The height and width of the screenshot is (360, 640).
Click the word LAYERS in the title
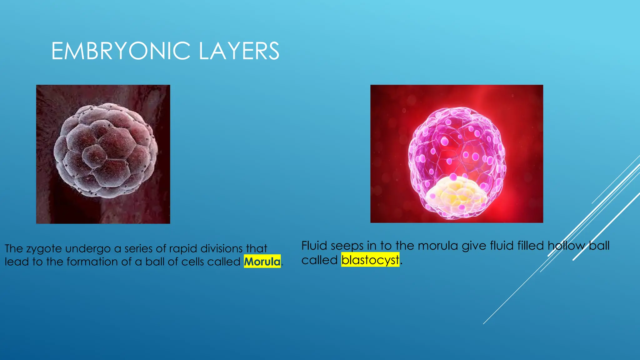click(x=239, y=51)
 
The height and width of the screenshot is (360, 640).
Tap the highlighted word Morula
click(x=262, y=262)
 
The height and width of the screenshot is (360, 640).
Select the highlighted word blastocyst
click(x=370, y=260)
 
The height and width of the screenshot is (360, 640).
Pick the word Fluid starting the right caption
click(x=314, y=246)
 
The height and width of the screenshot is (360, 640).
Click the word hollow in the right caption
click(x=566, y=246)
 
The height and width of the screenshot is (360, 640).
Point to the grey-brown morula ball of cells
click(x=106, y=151)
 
